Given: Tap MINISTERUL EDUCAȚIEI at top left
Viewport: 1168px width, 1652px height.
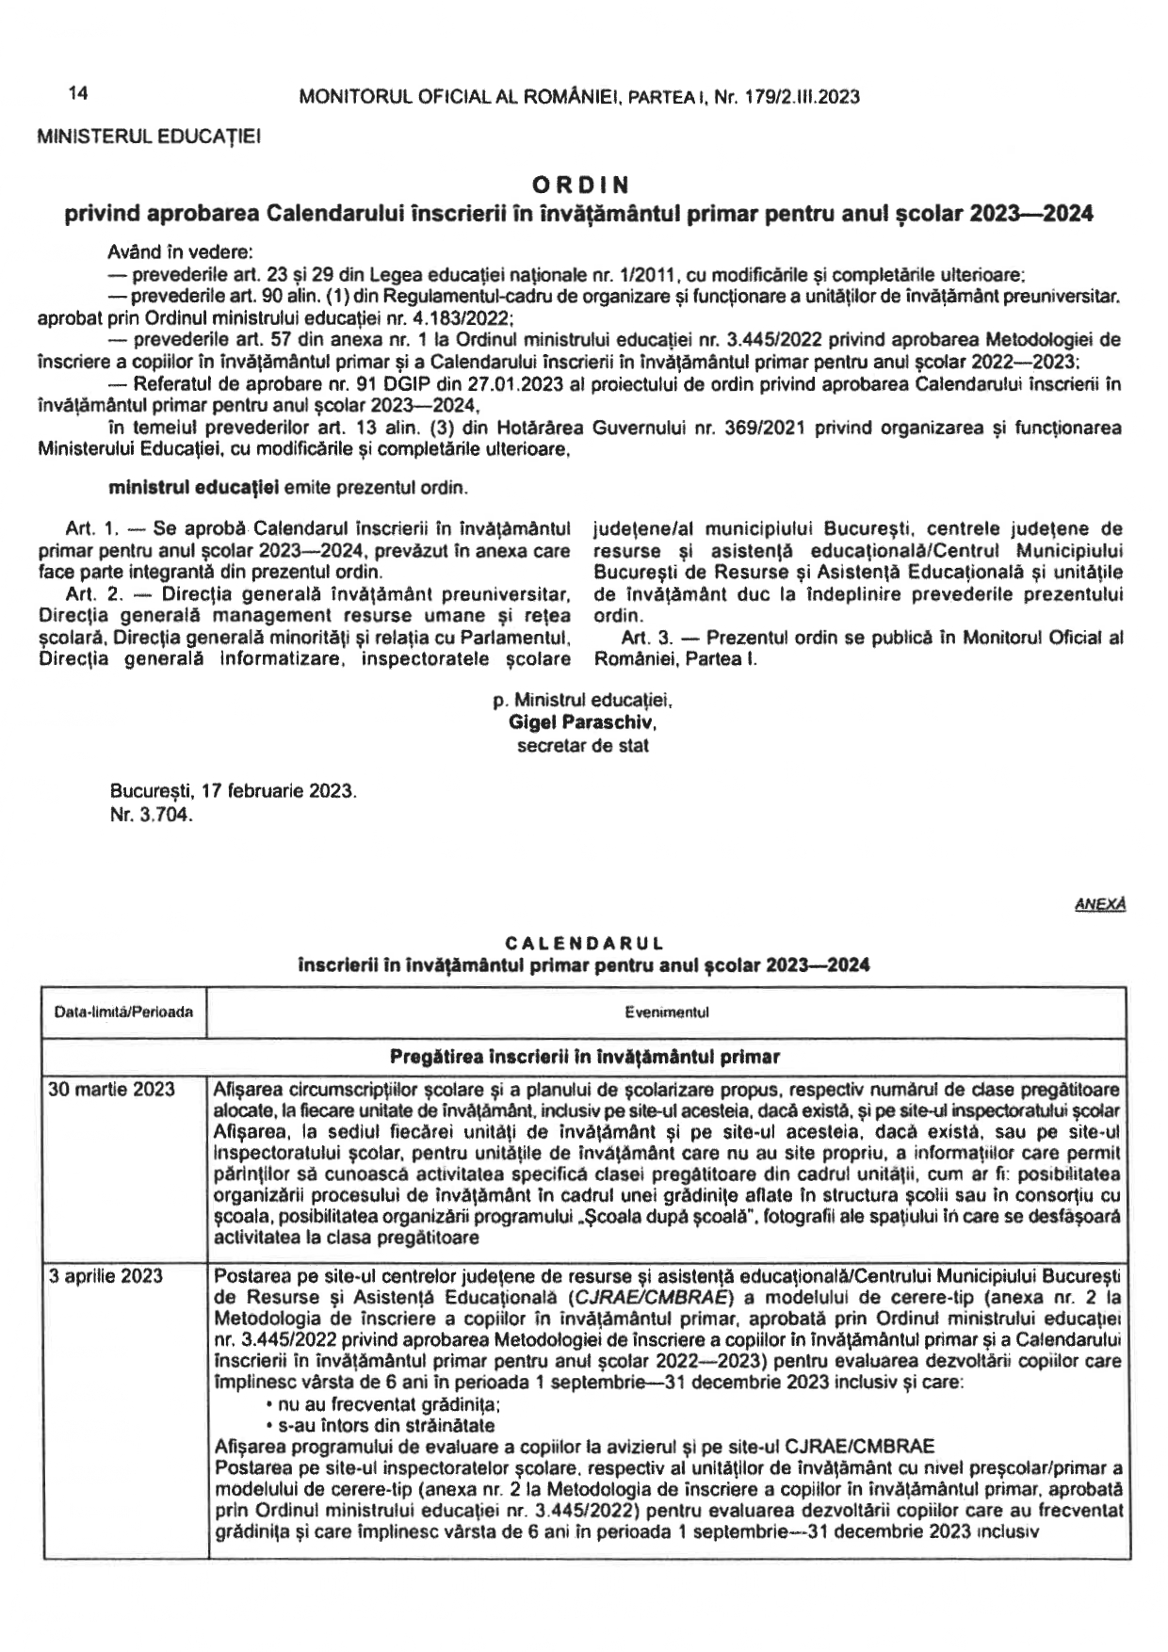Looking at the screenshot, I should coord(149,137).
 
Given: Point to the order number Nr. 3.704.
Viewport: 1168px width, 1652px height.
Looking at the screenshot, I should coord(152,816).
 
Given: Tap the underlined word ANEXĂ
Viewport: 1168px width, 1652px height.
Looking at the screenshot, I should coord(1101,904).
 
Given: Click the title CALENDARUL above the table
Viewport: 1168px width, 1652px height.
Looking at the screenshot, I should coord(584,943).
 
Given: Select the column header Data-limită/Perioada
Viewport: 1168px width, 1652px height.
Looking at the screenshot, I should coord(124,1012).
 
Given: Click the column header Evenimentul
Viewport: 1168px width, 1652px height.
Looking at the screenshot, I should coord(666,1012).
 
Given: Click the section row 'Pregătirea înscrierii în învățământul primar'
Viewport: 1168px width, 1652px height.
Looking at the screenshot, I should coord(584,1056).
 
